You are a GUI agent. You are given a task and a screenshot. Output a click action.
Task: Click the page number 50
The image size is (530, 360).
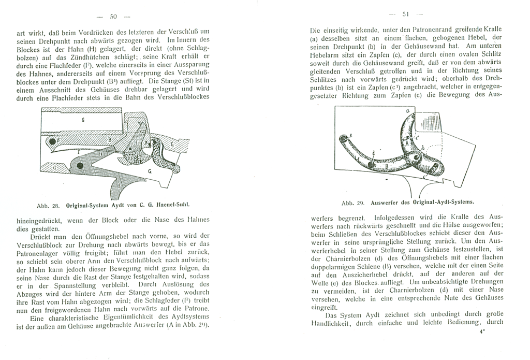tap(113, 17)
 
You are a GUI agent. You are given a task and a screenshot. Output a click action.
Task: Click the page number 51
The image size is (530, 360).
tap(406, 14)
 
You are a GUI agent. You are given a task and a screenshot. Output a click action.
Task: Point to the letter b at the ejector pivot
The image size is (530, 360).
tap(422, 149)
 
